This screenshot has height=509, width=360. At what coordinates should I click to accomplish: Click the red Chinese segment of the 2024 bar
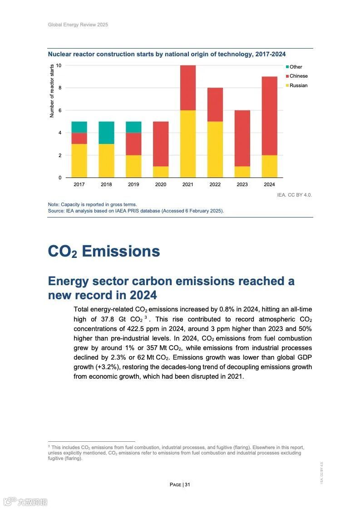[269, 116]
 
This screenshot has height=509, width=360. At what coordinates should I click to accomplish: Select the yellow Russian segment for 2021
[188, 144]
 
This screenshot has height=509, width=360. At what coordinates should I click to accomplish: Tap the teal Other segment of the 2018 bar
[106, 133]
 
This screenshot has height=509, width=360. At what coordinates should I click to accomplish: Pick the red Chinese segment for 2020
[161, 144]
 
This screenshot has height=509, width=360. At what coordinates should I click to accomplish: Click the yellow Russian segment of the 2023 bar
[242, 172]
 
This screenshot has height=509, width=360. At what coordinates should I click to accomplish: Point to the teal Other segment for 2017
[79, 127]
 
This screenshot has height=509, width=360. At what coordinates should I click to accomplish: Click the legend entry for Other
[296, 67]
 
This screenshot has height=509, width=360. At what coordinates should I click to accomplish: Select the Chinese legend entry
[298, 76]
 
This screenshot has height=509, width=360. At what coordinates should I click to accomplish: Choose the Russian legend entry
[298, 86]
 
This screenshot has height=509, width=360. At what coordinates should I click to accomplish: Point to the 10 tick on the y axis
[59, 65]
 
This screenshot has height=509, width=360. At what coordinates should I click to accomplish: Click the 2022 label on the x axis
[215, 185]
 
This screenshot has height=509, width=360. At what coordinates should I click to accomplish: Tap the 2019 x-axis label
[133, 185]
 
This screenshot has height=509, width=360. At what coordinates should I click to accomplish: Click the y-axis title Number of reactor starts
[52, 91]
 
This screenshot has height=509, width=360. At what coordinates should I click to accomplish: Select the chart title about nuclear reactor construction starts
[167, 54]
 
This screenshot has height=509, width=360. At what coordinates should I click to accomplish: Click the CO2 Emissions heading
[104, 252]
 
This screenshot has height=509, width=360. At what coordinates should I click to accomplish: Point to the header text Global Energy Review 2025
[78, 25]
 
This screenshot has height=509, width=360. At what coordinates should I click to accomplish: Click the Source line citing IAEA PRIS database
[136, 211]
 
